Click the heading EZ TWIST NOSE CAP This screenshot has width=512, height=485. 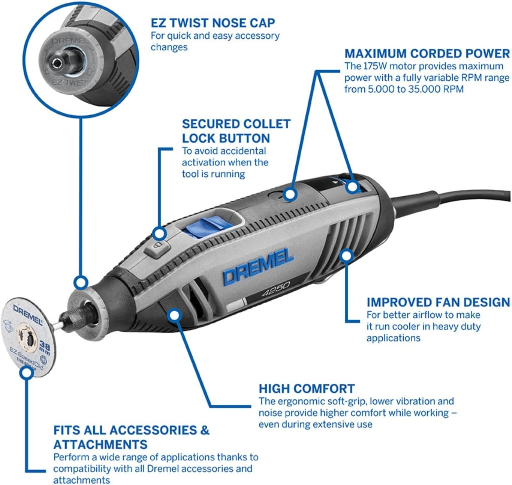(x=213, y=23)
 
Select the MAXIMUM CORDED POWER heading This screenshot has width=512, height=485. (x=427, y=53)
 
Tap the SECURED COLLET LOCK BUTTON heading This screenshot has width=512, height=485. (x=236, y=131)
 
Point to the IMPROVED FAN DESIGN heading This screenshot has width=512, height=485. (x=438, y=302)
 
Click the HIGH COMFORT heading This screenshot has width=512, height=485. (x=306, y=389)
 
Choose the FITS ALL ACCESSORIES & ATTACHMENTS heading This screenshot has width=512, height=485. (x=131, y=437)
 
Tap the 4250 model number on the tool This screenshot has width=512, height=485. (x=275, y=289)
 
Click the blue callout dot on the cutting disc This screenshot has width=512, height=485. (x=26, y=373)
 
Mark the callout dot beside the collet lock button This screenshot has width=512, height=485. (x=160, y=233)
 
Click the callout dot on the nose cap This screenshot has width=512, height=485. (x=81, y=282)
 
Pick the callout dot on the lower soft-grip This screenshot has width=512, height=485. (x=174, y=315)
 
